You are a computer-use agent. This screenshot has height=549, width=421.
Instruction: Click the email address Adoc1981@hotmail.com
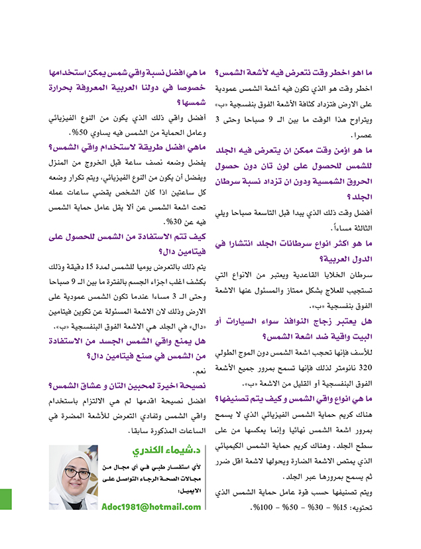click(x=152, y=507)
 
